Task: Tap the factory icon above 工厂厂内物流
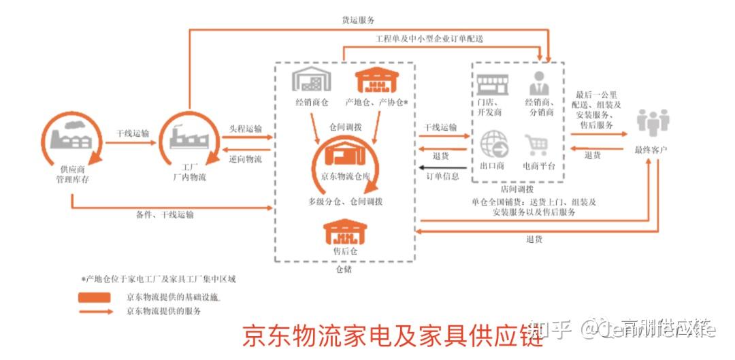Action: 189,136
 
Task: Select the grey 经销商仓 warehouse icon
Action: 312,80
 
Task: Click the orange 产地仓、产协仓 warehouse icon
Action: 376,81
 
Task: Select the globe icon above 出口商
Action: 493,144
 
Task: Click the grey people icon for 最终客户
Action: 652,123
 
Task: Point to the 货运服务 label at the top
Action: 358,20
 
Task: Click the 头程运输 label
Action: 245,129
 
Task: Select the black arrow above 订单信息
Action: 442,167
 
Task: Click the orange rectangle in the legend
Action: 95,297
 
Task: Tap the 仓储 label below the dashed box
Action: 344,269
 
